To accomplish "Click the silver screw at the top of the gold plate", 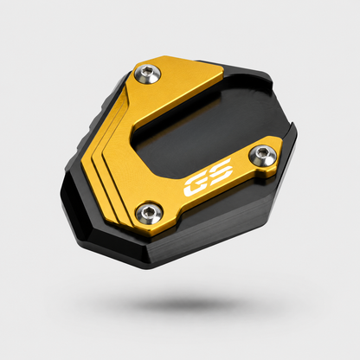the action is click(147, 74).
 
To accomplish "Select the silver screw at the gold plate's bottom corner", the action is click(149, 214).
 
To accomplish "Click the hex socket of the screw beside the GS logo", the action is click(262, 152).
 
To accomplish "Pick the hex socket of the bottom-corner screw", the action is click(149, 210).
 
